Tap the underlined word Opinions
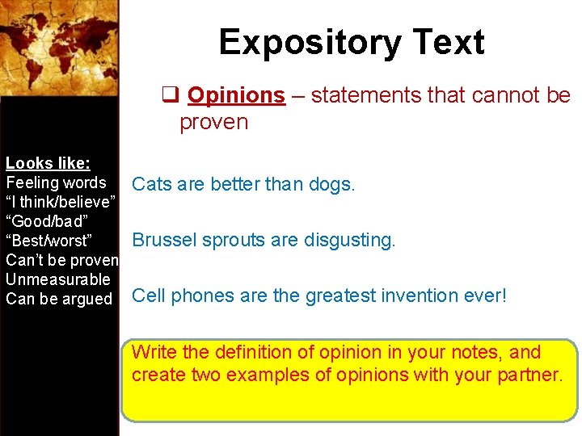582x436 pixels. click(236, 95)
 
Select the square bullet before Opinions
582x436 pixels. click(170, 95)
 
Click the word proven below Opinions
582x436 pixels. click(213, 123)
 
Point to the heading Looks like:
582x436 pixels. click(48, 163)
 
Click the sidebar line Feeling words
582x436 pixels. click(56, 182)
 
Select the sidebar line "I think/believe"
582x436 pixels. click(61, 202)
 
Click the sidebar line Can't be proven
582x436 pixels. click(61, 260)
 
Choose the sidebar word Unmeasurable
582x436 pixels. click(57, 279)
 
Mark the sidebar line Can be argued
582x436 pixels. click(59, 299)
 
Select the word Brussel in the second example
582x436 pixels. click(159, 240)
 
